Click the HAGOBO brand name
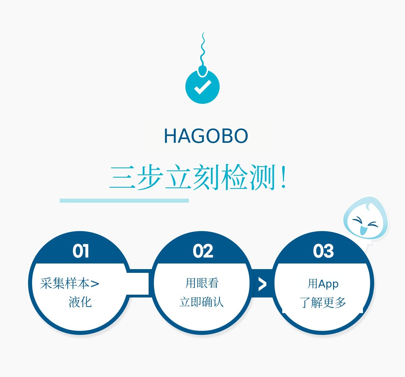pyautogui.click(x=206, y=136)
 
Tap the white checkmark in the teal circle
pyautogui.click(x=203, y=87)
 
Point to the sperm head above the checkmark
pyautogui.click(x=202, y=71)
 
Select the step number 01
pyautogui.click(x=81, y=251)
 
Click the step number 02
pyautogui.click(x=203, y=251)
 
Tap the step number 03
pyautogui.click(x=324, y=251)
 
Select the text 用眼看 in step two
pyautogui.click(x=202, y=283)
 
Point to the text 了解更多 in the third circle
pyautogui.click(x=323, y=302)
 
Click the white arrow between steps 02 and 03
pyautogui.click(x=262, y=284)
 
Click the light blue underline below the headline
pyautogui.click(x=124, y=201)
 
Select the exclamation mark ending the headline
pyautogui.click(x=283, y=177)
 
